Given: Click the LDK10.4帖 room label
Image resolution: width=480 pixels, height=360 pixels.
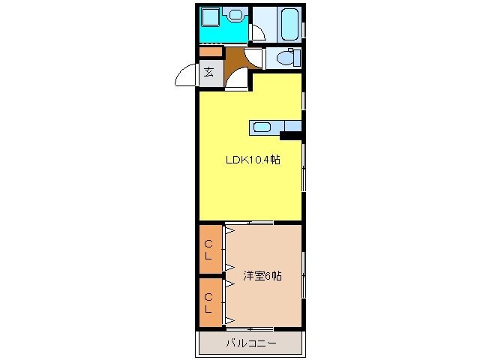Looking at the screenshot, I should [254, 160].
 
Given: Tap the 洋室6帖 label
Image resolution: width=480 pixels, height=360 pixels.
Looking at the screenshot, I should [262, 275].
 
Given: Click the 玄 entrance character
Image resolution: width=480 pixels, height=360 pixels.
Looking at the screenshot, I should [209, 72].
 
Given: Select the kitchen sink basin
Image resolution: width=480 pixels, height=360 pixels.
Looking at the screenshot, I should [262, 127].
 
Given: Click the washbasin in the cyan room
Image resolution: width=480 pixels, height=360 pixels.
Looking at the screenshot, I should [236, 14].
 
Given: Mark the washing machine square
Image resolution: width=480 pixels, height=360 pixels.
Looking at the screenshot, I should [210, 16].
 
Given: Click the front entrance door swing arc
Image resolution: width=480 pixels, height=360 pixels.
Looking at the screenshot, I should [184, 76].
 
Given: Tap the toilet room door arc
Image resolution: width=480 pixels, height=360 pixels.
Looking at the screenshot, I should [258, 58].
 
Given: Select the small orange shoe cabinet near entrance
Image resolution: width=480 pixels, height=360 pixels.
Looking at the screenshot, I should [211, 52].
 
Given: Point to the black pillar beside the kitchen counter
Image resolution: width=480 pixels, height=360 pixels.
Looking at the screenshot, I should [290, 136].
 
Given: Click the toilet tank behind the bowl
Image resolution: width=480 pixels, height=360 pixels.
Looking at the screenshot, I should [296, 58].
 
